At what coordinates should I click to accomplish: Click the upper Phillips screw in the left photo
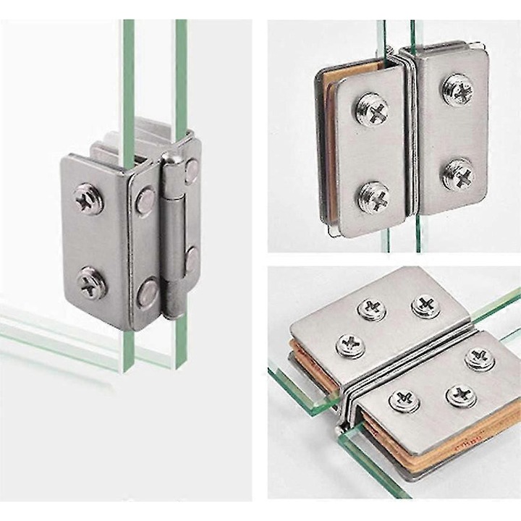point(88,199)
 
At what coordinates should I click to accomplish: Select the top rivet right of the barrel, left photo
point(191,171)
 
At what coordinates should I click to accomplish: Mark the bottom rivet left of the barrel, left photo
point(148,291)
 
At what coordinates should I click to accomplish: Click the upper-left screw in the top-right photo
point(373,110)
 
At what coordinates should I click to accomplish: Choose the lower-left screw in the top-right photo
point(373,197)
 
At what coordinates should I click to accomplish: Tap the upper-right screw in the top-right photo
point(458,90)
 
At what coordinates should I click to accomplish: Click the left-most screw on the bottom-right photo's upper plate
point(351,346)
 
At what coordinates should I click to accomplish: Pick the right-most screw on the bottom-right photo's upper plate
point(427,305)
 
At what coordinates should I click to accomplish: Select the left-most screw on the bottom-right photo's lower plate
point(404,399)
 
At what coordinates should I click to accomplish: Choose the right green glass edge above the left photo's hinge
point(180,72)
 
